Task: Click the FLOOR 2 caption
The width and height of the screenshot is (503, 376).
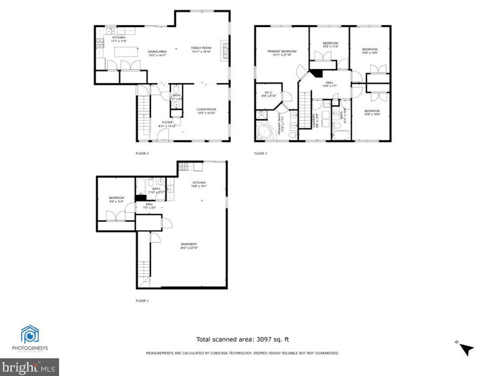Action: [x=142, y=154]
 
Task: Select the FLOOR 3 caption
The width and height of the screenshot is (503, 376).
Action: [x=260, y=154]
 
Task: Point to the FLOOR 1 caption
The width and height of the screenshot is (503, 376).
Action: [x=142, y=301]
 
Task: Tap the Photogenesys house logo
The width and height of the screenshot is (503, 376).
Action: [x=30, y=334]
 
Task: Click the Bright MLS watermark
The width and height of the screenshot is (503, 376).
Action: [x=30, y=367]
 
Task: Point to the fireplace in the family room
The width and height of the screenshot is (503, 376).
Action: [x=226, y=50]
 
